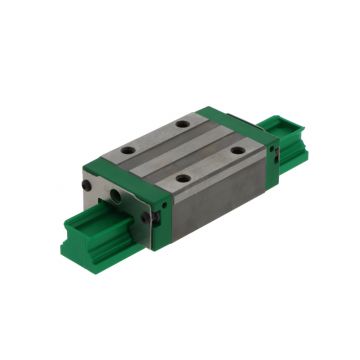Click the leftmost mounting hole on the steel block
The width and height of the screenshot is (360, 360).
[128, 152]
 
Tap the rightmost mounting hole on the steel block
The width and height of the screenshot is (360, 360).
[237, 150]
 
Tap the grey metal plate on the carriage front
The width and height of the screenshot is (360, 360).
[113, 205]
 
